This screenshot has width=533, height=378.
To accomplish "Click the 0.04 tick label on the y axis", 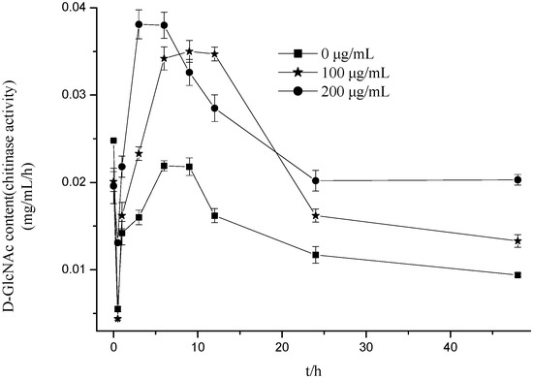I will click(81, 8).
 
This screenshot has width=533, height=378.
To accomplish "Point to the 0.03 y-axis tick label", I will click(81, 95).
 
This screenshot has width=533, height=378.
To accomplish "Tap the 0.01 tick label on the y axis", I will click(81, 269).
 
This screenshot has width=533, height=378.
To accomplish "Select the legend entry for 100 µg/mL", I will click(324, 72).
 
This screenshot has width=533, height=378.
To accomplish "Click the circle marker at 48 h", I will click(517, 179).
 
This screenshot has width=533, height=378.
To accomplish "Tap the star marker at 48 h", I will click(517, 240).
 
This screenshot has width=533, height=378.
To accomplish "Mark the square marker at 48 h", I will click(517, 275).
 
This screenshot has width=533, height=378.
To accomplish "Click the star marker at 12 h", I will click(214, 54).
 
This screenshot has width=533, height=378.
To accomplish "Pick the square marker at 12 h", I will click(214, 215).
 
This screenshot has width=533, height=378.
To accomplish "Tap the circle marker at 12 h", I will click(214, 108).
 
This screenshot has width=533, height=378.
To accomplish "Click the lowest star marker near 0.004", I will click(117, 318).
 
